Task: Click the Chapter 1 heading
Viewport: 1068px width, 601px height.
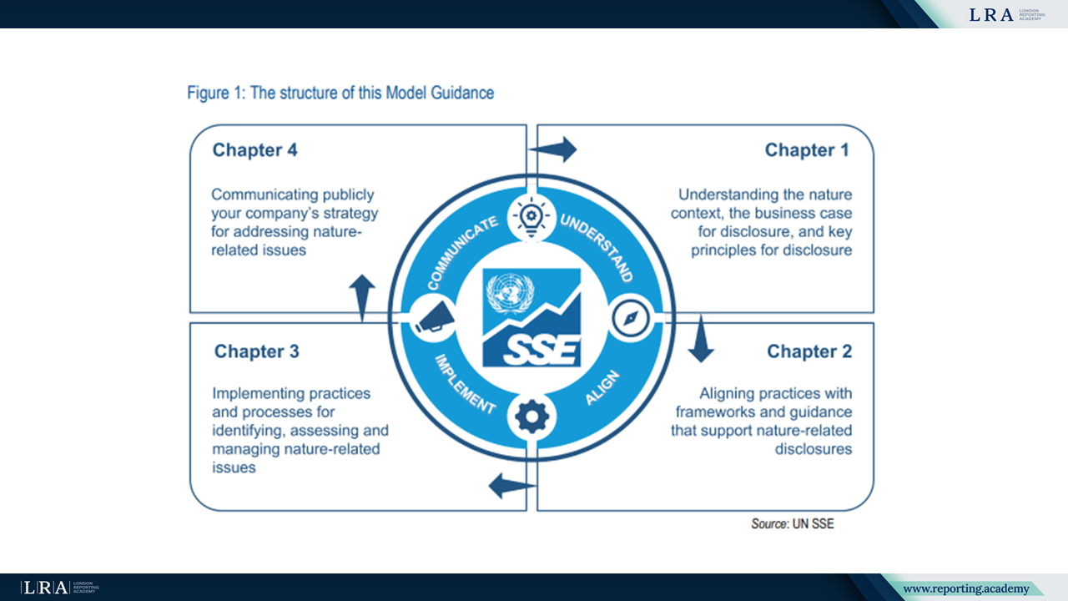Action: coord(806,150)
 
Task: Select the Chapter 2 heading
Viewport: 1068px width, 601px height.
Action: coord(809,351)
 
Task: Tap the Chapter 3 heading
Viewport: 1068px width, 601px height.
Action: coord(256,351)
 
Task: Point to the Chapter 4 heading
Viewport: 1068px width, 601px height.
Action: coord(254,150)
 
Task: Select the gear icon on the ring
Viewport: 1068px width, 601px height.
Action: coord(531,416)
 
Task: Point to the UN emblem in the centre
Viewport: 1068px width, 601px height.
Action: coord(508,291)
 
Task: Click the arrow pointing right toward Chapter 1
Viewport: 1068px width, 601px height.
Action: coord(553,149)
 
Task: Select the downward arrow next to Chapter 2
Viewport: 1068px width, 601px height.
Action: coord(700,339)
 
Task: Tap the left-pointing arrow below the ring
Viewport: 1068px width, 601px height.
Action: coord(510,484)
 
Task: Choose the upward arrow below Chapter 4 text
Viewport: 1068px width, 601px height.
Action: coord(361,295)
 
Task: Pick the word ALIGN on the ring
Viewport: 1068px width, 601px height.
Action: coord(602,389)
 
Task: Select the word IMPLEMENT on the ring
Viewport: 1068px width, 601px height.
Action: coord(464,385)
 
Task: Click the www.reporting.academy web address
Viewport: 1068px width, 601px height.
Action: coord(965,589)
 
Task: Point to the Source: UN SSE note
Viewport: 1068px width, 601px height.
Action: coord(793,523)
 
